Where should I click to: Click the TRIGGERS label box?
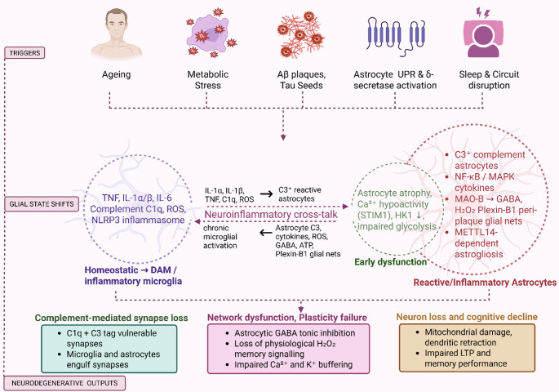24,53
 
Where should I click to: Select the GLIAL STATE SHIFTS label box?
42,204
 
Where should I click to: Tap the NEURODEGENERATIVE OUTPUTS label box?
64,383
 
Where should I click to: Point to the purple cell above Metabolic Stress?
211,33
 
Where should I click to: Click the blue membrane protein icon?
396,35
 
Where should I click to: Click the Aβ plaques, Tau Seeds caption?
301,80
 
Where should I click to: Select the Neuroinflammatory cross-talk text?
271,214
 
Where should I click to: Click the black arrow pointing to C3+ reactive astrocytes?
266,194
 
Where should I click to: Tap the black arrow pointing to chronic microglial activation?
266,233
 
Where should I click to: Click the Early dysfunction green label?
390,262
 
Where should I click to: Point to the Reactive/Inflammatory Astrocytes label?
485,283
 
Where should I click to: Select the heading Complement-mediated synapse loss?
111,318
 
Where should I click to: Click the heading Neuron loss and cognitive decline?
467,317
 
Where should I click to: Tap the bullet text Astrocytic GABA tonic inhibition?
295,333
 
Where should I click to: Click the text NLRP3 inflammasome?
138,220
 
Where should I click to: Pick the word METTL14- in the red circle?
476,232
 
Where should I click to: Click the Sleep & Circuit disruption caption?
489,80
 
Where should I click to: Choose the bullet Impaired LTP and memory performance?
466,359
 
